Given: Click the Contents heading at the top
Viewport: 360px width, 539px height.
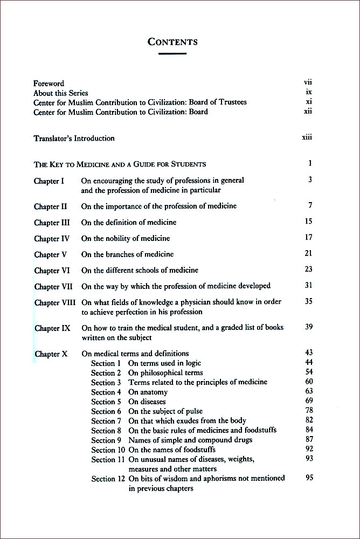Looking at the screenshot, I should [x=172, y=42].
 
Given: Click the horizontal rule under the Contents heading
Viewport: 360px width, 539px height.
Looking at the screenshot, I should [x=172, y=53].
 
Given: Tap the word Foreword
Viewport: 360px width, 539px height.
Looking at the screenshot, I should [x=49, y=84].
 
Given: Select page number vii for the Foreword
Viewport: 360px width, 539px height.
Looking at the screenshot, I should [x=308, y=82].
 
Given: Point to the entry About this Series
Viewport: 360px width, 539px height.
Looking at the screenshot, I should [x=60, y=93].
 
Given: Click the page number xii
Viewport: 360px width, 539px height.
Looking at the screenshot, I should [x=308, y=112].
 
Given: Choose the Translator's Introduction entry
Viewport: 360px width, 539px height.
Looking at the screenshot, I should [x=74, y=139].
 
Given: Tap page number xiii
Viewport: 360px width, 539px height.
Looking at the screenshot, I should [x=307, y=137].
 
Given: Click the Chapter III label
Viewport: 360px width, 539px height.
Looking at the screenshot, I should [x=51, y=222].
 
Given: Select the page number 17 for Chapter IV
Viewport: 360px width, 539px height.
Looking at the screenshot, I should [x=308, y=237].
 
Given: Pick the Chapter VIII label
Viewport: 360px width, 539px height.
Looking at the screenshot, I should [x=55, y=302].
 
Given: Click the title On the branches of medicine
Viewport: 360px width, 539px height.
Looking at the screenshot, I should [x=127, y=254].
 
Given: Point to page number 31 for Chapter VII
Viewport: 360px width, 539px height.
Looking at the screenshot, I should [x=308, y=285].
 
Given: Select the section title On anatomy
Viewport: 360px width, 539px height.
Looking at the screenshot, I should [x=148, y=392].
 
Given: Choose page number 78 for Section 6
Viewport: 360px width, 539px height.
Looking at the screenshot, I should [x=309, y=411].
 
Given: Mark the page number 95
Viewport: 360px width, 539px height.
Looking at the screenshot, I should [x=309, y=478].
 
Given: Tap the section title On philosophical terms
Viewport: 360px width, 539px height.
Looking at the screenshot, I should [x=165, y=373].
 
